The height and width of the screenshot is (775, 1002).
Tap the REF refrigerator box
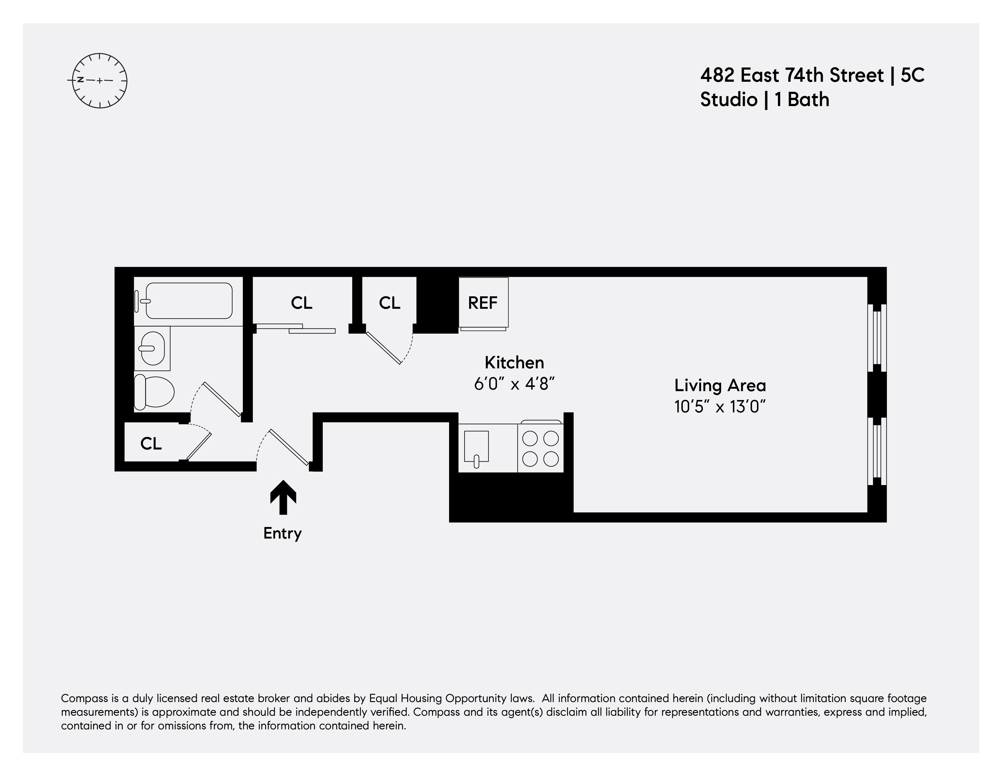point(483,303)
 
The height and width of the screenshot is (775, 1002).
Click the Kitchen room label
point(514,363)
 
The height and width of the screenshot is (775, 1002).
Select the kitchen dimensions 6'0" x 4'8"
point(514,384)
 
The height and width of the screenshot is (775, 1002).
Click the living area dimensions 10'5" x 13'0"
point(720,407)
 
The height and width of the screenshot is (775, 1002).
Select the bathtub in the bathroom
point(189,301)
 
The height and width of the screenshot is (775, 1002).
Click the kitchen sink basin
point(476,446)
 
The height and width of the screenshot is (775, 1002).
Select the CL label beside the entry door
point(151,443)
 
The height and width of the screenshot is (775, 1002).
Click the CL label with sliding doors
point(302,303)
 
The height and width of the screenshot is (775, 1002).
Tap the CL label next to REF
point(390,303)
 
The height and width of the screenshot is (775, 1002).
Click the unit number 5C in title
point(912,75)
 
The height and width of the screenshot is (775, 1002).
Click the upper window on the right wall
point(877,337)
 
